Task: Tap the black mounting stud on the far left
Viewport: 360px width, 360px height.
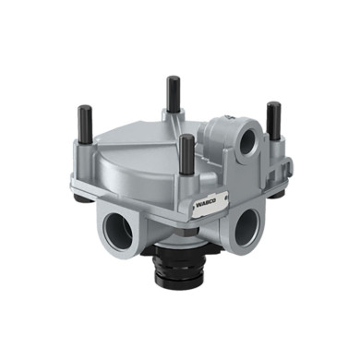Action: (x=86, y=125)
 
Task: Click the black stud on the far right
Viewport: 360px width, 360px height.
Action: (x=273, y=122)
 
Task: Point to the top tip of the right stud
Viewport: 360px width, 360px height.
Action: (x=273, y=104)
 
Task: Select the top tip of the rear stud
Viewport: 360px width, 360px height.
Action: (x=173, y=79)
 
